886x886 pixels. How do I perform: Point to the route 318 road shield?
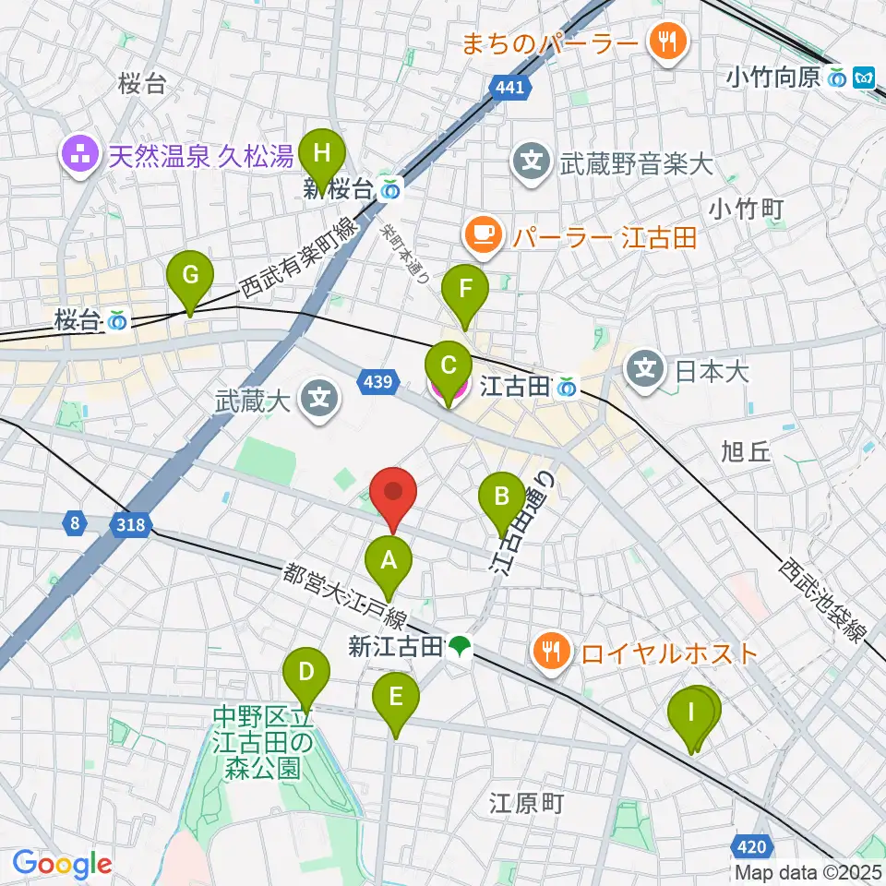130,524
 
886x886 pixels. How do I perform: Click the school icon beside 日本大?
646,370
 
